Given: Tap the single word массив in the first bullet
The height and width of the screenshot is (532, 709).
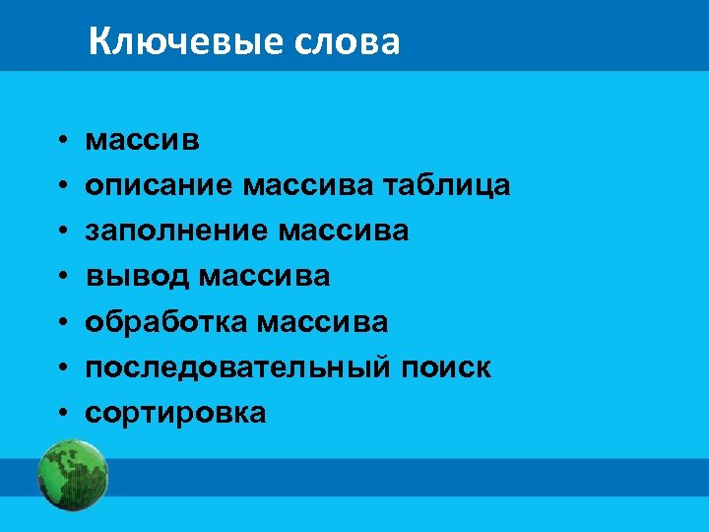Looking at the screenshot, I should pyautogui.click(x=143, y=141).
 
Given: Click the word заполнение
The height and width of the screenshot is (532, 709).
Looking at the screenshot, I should pyautogui.click(x=178, y=231).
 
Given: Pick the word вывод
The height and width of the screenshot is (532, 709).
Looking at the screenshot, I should pyautogui.click(x=138, y=277).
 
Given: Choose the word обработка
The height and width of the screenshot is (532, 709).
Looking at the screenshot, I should pyautogui.click(x=166, y=322).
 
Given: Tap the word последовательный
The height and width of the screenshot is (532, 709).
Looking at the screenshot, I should pyautogui.click(x=240, y=368).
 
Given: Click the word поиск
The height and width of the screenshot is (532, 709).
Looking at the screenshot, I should pyautogui.click(x=447, y=367).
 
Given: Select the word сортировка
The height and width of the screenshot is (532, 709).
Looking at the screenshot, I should pyautogui.click(x=175, y=414).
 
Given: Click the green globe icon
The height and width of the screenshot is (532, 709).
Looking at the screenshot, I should pyautogui.click(x=72, y=475).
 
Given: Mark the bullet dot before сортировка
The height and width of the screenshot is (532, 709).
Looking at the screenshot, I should pyautogui.click(x=60, y=414).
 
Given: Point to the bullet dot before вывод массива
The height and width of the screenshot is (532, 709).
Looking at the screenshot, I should pyautogui.click(x=60, y=277).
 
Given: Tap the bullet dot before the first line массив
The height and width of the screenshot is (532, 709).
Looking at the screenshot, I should pyautogui.click(x=60, y=141).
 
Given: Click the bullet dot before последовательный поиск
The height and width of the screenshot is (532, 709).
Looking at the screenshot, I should pyautogui.click(x=60, y=368).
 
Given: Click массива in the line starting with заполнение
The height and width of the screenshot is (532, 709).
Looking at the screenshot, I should pyautogui.click(x=344, y=231).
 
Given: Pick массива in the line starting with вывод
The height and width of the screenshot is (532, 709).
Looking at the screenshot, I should pyautogui.click(x=265, y=277).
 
